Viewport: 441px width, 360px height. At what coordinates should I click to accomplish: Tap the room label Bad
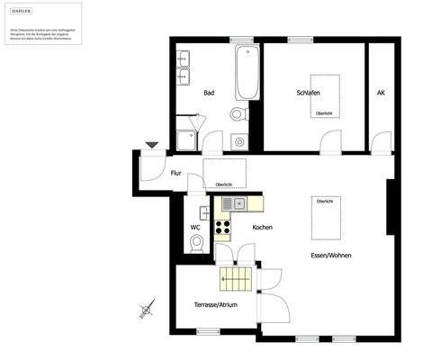click(x=209, y=93)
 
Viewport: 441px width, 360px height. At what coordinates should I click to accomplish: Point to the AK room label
click(x=381, y=93)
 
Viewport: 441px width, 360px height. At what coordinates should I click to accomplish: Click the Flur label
click(x=176, y=173)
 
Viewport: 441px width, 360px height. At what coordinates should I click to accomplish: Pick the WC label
click(x=194, y=227)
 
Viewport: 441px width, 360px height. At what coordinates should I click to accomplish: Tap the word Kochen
click(x=262, y=227)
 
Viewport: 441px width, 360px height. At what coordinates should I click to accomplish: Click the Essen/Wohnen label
click(x=331, y=256)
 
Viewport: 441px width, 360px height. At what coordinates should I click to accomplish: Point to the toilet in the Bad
click(x=237, y=113)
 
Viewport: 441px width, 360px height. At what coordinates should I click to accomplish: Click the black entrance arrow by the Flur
click(x=151, y=144)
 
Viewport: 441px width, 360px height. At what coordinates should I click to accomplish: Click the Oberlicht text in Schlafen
click(x=324, y=113)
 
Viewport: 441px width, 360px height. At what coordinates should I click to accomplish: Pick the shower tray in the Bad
click(x=186, y=139)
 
